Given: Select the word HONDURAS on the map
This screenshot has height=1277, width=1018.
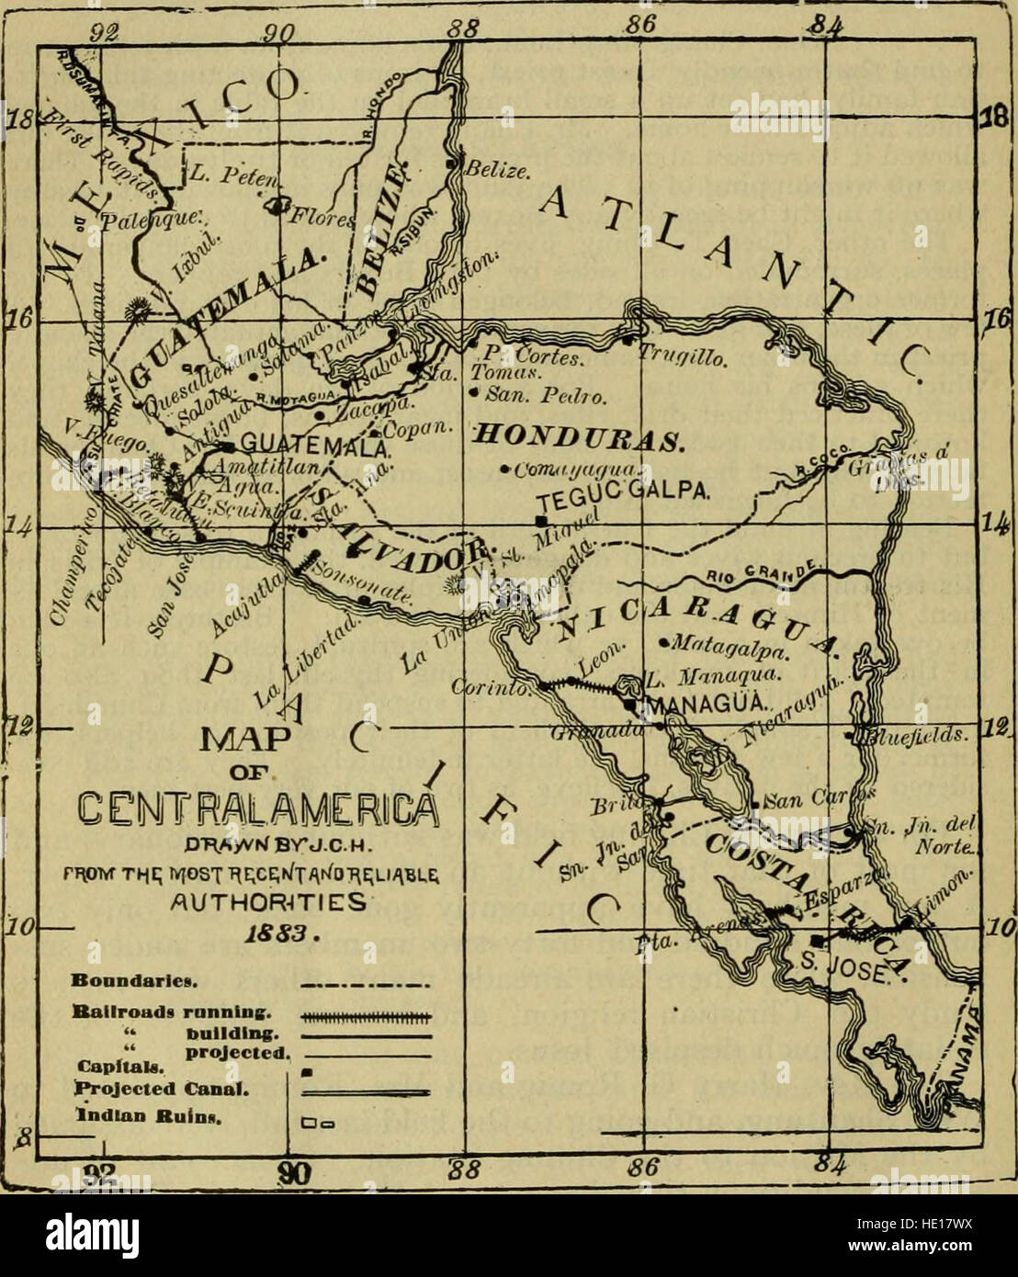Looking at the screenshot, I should (x=575, y=436).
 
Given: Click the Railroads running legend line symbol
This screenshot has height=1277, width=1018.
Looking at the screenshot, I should (x=366, y=1017).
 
